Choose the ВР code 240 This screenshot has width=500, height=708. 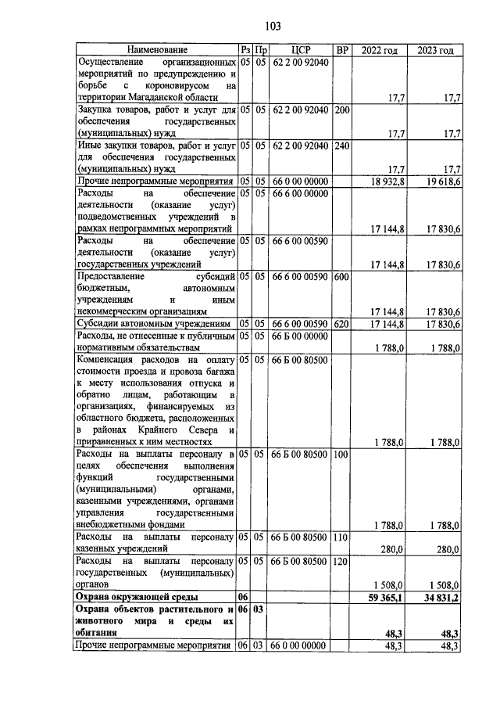341,146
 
